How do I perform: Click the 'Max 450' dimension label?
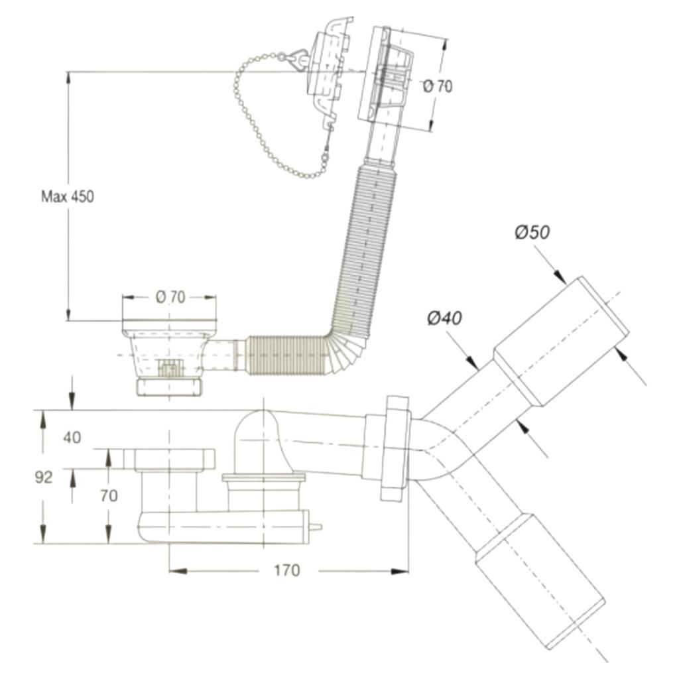67,196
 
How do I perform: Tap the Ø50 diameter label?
532,233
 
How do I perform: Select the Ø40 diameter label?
444,318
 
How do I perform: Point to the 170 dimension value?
286,570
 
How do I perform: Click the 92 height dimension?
43,477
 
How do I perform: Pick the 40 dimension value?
72,438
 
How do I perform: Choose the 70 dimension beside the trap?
109,495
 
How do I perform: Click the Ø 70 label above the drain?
170,297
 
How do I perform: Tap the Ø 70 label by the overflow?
438,87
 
